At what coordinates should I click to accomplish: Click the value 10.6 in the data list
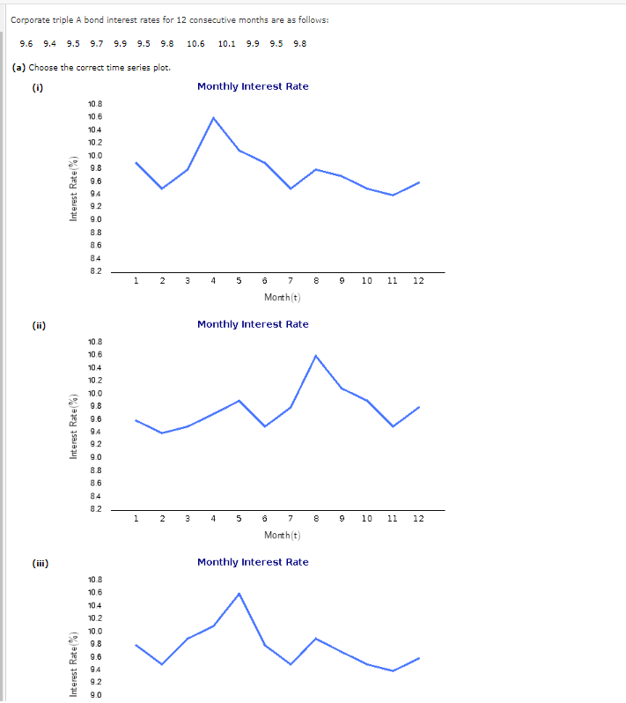point(195,43)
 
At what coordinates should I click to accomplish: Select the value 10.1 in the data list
point(226,43)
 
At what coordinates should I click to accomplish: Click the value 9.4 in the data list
point(49,43)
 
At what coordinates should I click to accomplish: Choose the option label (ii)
point(39,324)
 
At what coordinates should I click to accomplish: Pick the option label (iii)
point(41,562)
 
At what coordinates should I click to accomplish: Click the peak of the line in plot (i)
point(213,117)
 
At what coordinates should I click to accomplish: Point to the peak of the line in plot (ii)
point(315,355)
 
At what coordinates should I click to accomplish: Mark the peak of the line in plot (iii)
point(239,593)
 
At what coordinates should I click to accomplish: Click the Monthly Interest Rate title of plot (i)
point(253,86)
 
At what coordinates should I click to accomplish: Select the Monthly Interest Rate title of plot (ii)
point(253,324)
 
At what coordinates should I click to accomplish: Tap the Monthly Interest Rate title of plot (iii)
point(253,562)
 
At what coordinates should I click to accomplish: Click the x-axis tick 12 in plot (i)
point(418,281)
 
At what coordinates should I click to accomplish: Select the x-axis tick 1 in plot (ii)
point(136,519)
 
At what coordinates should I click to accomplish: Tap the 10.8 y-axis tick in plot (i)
point(95,104)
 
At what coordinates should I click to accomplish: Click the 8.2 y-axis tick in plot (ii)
point(95,508)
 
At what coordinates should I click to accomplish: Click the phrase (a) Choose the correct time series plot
point(91,67)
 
